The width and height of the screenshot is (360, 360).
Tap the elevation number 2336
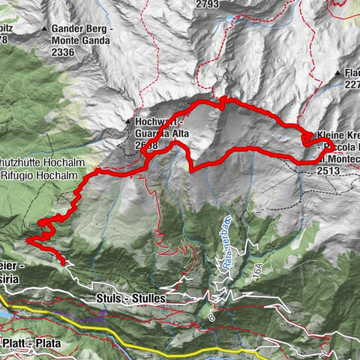tap(64, 52)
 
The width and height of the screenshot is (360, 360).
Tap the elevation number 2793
tap(207, 4)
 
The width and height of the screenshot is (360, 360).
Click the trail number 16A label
tap(257, 275)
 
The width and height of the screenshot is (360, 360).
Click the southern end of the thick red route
tap(63, 262)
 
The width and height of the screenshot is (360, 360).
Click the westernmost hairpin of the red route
tap(28, 240)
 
